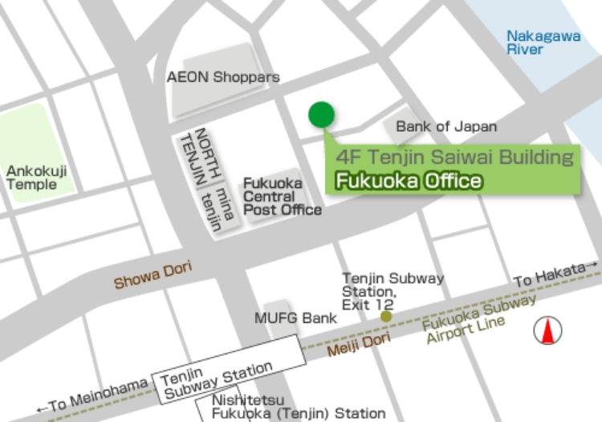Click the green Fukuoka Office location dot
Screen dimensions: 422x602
tap(321, 115)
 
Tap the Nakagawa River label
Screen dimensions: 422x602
tap(535, 42)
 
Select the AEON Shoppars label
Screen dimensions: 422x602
tap(222, 78)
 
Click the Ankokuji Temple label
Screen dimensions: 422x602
tap(36, 178)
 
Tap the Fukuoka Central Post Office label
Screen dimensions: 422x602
tap(282, 197)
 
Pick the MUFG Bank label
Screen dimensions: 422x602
tap(295, 318)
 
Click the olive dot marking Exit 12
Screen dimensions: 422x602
tap(386, 317)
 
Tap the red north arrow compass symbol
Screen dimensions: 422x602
tap(548, 330)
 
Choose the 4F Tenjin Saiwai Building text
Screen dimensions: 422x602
tap(455, 157)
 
